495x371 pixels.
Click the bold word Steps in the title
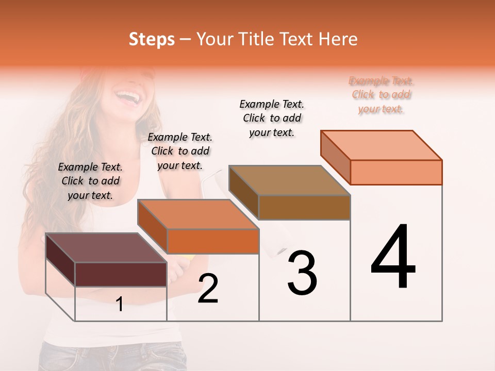click(152, 39)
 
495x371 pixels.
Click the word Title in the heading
click(257, 39)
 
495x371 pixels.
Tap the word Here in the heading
click(338, 39)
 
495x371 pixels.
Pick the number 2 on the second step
click(208, 289)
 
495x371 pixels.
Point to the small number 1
click(120, 305)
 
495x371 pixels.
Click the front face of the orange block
click(213, 241)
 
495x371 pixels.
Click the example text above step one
click(90, 181)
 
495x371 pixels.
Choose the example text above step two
click(180, 151)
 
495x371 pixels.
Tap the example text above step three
click(272, 118)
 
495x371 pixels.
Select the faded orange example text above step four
click(381, 95)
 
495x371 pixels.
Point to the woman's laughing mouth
click(127, 96)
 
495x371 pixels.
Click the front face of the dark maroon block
click(121, 274)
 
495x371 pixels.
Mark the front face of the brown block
click(304, 207)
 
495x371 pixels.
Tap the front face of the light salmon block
click(396, 172)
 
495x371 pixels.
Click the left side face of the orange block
click(153, 227)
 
